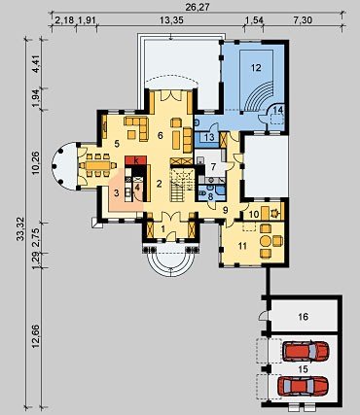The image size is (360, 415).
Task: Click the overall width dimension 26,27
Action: click(x=197, y=6)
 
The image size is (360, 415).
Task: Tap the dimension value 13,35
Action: click(x=171, y=20)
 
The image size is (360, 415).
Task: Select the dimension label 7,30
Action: click(x=303, y=20)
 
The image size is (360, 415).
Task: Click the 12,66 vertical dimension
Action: click(x=36, y=336)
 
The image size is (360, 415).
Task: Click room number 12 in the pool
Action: click(x=256, y=67)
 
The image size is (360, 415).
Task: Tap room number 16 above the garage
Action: click(x=304, y=317)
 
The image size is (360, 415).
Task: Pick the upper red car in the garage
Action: click(x=306, y=351)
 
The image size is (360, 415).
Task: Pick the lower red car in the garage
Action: click(x=304, y=386)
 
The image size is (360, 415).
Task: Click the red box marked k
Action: click(x=136, y=160)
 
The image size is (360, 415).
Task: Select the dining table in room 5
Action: click(x=98, y=165)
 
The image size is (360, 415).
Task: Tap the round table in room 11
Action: click(x=266, y=241)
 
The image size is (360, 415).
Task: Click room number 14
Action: click(x=278, y=110)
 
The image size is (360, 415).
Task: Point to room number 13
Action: click(x=210, y=137)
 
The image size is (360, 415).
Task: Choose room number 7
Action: click(x=213, y=167)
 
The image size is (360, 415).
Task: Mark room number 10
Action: click(x=254, y=214)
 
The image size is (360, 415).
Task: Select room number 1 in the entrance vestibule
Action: click(x=163, y=229)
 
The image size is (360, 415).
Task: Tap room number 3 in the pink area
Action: click(x=117, y=193)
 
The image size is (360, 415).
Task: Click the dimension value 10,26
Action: click(x=36, y=162)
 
